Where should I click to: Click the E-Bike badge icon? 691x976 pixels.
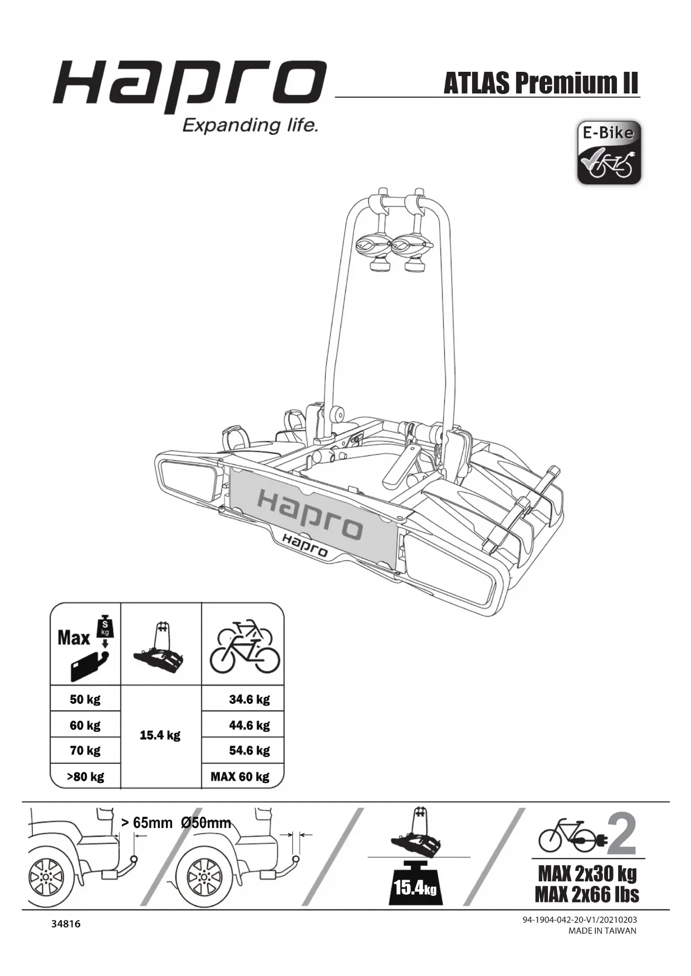click(609, 152)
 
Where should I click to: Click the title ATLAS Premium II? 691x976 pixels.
click(540, 83)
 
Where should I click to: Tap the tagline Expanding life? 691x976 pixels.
click(251, 125)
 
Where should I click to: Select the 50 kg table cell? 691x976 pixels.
click(85, 699)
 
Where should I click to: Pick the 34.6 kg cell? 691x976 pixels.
click(249, 699)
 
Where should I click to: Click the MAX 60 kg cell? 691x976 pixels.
click(240, 776)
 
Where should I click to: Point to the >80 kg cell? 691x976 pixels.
click(85, 776)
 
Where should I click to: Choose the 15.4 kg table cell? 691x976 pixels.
click(160, 735)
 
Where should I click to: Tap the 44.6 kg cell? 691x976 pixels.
click(249, 725)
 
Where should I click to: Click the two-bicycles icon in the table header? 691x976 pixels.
click(244, 645)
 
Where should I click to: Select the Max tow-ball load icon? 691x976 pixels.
click(86, 645)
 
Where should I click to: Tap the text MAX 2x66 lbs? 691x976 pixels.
click(587, 894)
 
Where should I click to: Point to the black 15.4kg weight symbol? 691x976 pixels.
click(414, 883)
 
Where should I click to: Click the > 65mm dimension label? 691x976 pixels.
click(146, 823)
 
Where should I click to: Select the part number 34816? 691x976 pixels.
click(66, 924)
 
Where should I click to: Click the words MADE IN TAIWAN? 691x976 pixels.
click(602, 931)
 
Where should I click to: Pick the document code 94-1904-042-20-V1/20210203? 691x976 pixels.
click(579, 920)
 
